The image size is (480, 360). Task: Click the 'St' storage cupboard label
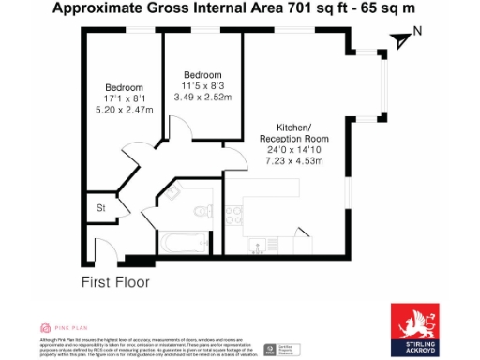tap(100, 208)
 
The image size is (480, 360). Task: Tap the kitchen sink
tap(256, 246)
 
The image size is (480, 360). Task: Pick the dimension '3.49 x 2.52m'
tap(203, 97)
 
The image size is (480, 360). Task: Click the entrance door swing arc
tap(108, 248)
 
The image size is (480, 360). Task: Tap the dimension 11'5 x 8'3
tap(203, 86)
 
